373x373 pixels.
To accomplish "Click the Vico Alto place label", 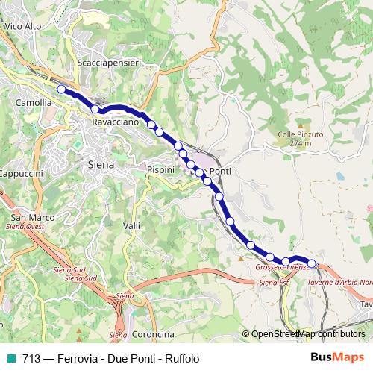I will point(22,25).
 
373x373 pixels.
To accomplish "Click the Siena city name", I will point(101,163).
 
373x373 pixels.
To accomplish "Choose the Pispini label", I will point(160,170).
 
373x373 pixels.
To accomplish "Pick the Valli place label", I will point(131,225).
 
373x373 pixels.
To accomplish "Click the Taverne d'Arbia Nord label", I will point(339,283).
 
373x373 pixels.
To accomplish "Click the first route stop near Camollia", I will point(61,89).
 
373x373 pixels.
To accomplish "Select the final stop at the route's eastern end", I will point(313,263).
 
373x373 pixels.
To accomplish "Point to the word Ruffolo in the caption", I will point(182,359).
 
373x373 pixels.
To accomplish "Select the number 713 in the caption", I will point(31,359).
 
